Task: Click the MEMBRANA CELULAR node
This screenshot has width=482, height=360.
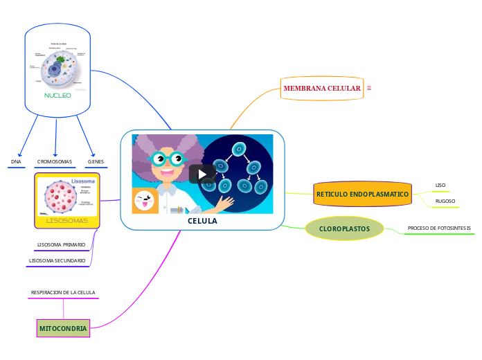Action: point(322,89)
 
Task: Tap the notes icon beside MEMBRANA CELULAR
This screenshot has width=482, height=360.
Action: point(369,88)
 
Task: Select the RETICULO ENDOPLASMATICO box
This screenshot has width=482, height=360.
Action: point(362,195)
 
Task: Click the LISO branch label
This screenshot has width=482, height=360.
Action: point(440,186)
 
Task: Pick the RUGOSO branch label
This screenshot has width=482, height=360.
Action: point(445,201)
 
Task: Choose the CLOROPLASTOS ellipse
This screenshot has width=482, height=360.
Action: point(344,228)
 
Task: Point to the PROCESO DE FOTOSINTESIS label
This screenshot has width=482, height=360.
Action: point(439,228)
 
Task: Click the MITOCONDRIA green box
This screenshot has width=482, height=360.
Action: point(63,328)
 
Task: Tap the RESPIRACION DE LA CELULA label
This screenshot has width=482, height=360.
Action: point(63,293)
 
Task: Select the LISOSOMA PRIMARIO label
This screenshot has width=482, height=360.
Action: point(61,244)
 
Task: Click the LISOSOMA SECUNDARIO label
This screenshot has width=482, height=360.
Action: point(57,261)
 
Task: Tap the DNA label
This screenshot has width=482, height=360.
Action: point(16,161)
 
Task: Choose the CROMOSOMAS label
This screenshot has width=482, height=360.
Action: point(55,161)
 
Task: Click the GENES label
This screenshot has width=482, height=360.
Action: point(96,161)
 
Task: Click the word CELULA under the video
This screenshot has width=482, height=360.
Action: point(202,222)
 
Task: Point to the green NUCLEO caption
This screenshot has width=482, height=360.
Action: point(57,96)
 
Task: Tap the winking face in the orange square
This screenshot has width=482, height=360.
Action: point(145,201)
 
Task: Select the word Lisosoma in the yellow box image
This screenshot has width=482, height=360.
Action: point(83,181)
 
